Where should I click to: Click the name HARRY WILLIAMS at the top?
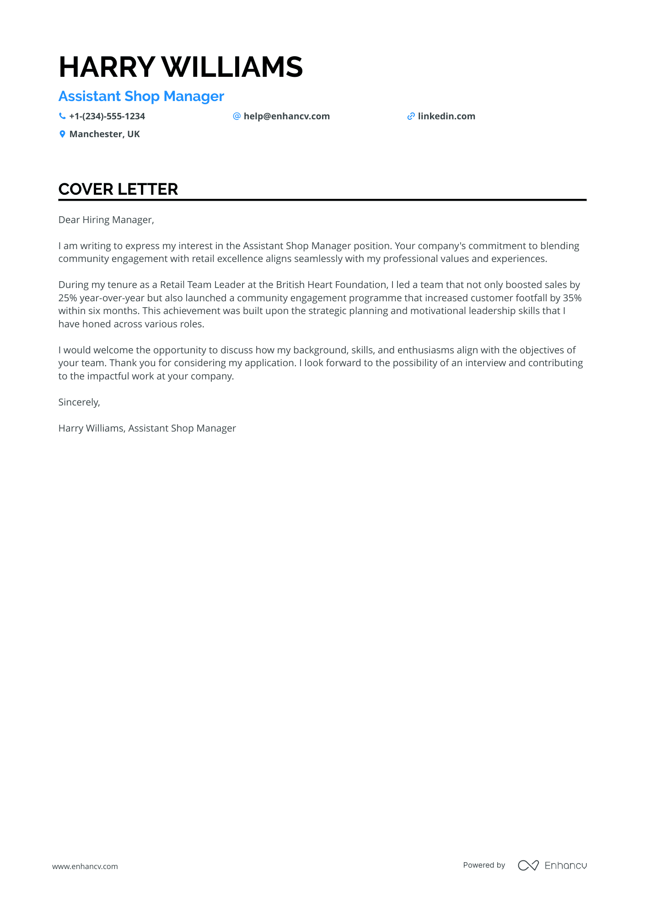pyautogui.click(x=181, y=67)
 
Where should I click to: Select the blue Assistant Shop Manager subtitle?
pyautogui.click(x=141, y=96)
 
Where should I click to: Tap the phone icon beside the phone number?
pyautogui.click(x=62, y=116)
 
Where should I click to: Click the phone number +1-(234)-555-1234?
pyautogui.click(x=107, y=116)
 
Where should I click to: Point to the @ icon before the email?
pyautogui.click(x=236, y=116)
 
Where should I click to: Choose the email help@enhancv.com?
pyautogui.click(x=286, y=116)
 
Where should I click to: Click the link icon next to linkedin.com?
pyautogui.click(x=411, y=116)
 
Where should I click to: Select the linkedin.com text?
pyautogui.click(x=446, y=116)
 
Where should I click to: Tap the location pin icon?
pyautogui.click(x=62, y=134)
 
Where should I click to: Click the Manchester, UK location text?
pyautogui.click(x=104, y=134)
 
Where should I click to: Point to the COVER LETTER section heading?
pyautogui.click(x=118, y=189)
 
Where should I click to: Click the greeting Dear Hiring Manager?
pyautogui.click(x=106, y=220)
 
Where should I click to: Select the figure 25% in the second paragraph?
pyautogui.click(x=67, y=298)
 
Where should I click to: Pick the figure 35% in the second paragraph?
pyautogui.click(x=572, y=298)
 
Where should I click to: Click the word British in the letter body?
pyautogui.click(x=290, y=285)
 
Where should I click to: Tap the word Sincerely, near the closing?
pyautogui.click(x=79, y=402)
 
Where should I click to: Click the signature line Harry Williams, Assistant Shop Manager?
pyautogui.click(x=147, y=428)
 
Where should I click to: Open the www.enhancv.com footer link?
pyautogui.click(x=85, y=866)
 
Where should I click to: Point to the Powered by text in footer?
pyautogui.click(x=484, y=865)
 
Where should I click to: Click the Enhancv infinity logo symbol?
pyautogui.click(x=528, y=865)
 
